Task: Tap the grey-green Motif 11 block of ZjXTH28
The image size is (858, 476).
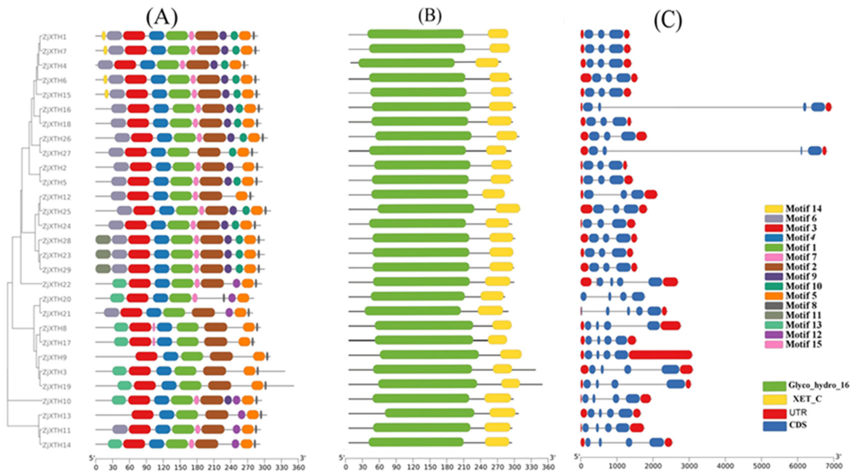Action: point(103,240)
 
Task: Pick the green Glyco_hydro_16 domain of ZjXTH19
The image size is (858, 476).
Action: point(428,384)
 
